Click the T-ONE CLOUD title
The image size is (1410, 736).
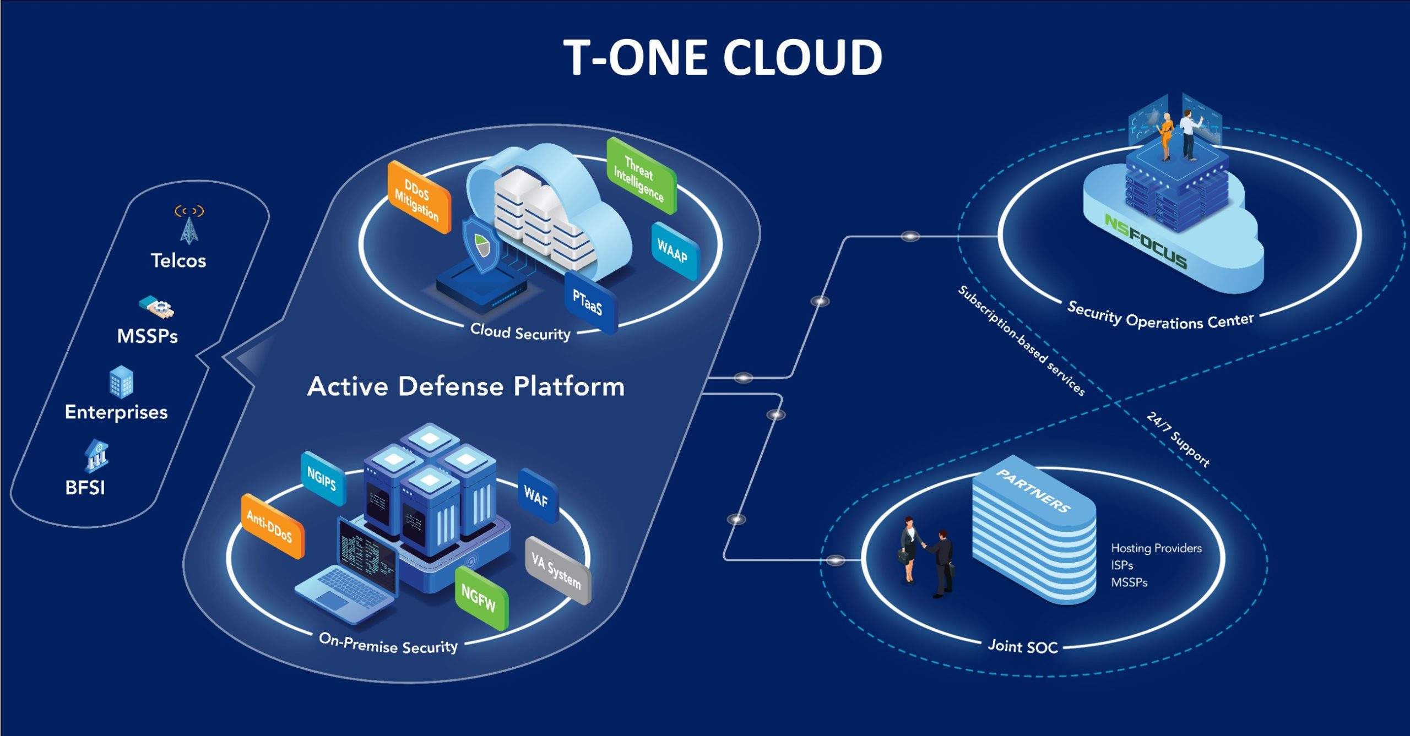coord(723,57)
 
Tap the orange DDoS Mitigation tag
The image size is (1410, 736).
coord(419,198)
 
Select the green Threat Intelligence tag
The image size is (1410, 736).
coord(640,176)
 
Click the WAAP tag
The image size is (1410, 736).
coord(674,250)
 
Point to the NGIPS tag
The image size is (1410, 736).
coord(323,479)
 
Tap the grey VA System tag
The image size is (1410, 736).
coord(557,570)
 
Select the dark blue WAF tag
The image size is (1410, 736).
coord(537,496)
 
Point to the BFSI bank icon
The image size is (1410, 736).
coord(96,456)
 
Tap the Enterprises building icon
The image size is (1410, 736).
coord(121,381)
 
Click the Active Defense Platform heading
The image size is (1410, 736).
coord(466,386)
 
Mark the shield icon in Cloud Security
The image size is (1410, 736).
coord(481,245)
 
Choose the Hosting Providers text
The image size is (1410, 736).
coord(1156,548)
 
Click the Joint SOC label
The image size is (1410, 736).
coord(1023,646)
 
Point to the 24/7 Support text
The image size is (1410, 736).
coord(1179,439)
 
